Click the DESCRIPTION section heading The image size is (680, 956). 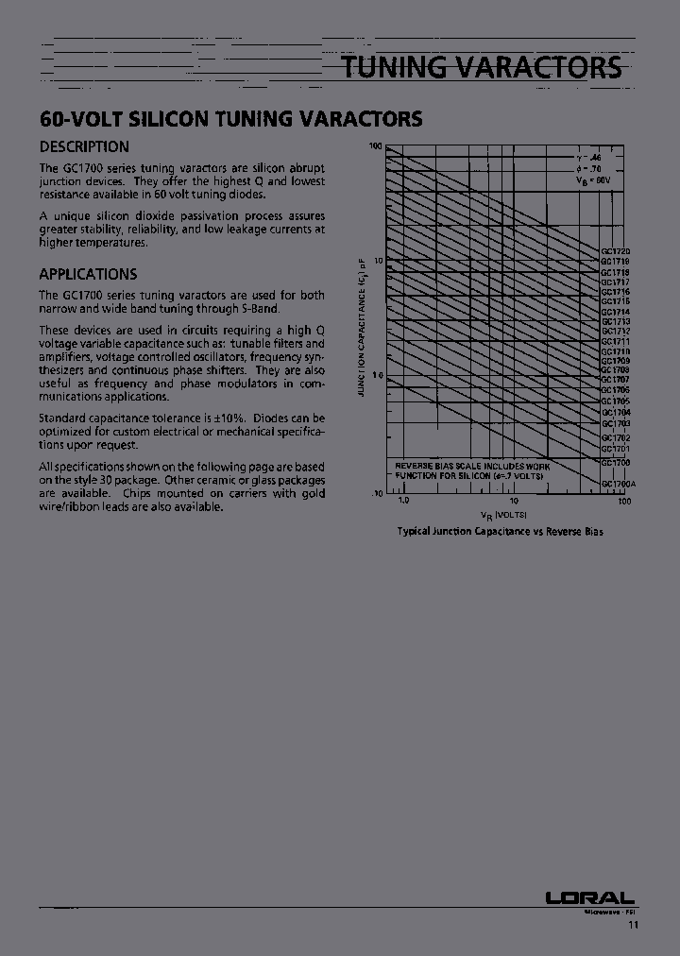coord(84,146)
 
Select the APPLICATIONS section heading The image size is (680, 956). coord(88,274)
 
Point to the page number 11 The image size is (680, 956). coord(633,926)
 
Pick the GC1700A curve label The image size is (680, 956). coord(619,484)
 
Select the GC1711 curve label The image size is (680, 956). coord(616,341)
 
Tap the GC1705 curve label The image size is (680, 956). coord(616,401)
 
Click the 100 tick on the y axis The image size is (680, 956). coord(375,146)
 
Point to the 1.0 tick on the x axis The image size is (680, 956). coord(403,500)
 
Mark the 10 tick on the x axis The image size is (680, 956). coord(513,500)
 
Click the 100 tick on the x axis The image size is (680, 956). coord(623,500)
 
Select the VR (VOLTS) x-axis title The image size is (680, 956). coord(503,514)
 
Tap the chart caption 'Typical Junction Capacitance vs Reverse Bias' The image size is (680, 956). coord(500,531)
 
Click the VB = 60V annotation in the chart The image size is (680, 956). coord(593,179)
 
